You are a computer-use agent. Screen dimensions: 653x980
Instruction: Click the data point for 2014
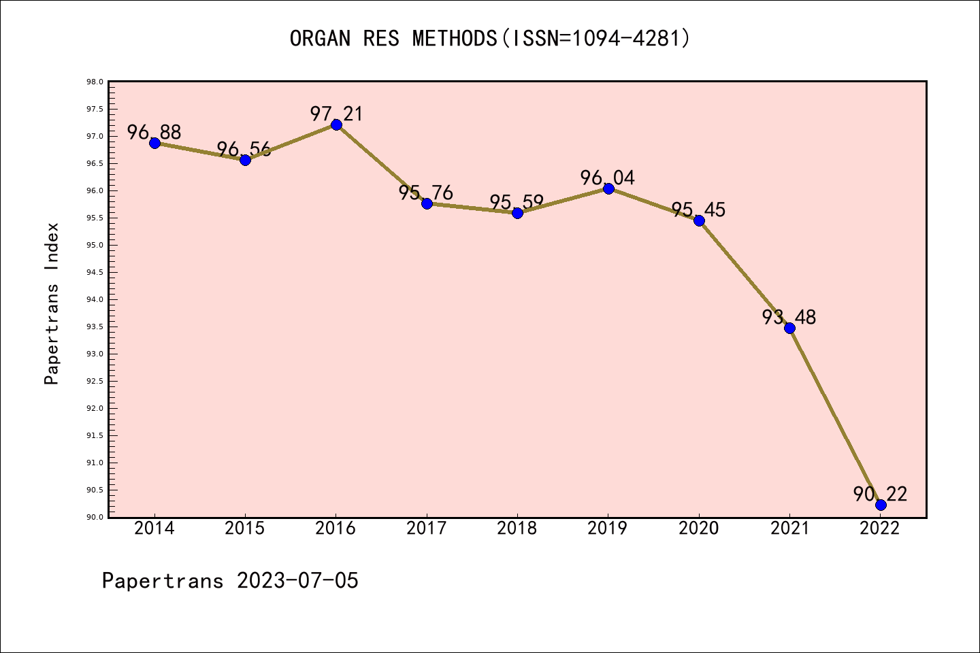pos(154,143)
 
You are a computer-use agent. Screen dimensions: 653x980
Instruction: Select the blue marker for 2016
pos(336,124)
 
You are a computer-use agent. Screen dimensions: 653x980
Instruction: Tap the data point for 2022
pos(881,505)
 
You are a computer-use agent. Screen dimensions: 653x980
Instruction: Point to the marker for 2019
pos(608,188)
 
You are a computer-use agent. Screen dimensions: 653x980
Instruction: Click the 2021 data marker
pos(789,328)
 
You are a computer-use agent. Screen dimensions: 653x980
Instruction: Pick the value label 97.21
pos(336,114)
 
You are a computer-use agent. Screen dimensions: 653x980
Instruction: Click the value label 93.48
pos(789,317)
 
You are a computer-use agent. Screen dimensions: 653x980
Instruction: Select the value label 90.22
pos(880,494)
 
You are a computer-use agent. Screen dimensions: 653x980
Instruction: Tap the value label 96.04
pos(608,178)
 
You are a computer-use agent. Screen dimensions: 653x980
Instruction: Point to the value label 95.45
pos(698,210)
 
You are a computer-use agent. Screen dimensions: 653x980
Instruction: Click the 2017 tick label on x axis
pos(427,529)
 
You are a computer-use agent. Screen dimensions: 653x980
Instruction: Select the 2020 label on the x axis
pos(699,529)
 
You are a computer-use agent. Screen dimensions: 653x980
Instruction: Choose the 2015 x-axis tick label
pos(245,529)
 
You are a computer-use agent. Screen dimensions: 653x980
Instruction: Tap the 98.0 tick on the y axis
pos(95,82)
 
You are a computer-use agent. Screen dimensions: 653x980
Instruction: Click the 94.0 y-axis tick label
pos(95,300)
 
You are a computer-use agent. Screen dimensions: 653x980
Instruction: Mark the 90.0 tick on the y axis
pos(95,518)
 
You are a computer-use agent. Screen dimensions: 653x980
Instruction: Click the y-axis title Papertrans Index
pos(52,303)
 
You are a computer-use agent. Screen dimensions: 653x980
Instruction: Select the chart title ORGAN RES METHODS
pos(393,38)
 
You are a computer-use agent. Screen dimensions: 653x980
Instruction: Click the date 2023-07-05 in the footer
pos(297,581)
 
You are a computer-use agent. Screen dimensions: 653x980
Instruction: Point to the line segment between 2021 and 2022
pos(835,416)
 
